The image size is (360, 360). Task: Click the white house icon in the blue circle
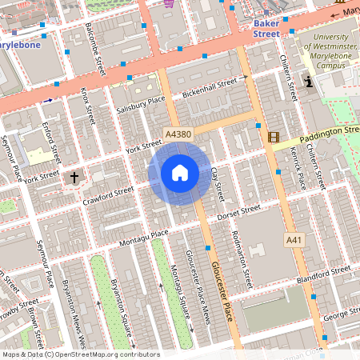pyautogui.click(x=180, y=173)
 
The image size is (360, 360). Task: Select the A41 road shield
pyautogui.click(x=294, y=240)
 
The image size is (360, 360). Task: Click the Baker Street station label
pyautogui.click(x=266, y=29)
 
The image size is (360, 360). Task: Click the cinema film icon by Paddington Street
pyautogui.click(x=274, y=138)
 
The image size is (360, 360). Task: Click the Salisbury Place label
pyautogui.click(x=139, y=104)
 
